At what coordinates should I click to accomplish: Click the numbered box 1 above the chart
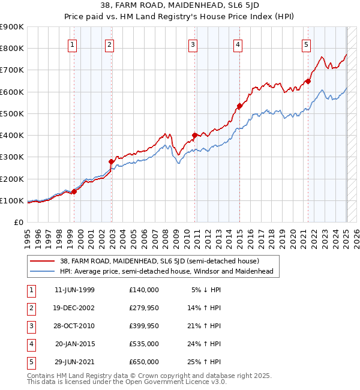[x=72, y=44]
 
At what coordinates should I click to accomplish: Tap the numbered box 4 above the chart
[x=238, y=44]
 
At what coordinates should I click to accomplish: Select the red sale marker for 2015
[x=239, y=106]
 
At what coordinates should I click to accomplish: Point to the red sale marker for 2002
[x=111, y=161]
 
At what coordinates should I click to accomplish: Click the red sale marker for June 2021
[x=308, y=81]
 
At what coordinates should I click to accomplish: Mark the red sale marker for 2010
[x=194, y=136]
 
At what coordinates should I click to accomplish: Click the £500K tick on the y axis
[x=12, y=113]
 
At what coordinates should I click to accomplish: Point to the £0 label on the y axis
[x=19, y=222]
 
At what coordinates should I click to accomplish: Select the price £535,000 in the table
[x=143, y=344]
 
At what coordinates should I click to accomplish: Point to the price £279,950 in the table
[x=143, y=308]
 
